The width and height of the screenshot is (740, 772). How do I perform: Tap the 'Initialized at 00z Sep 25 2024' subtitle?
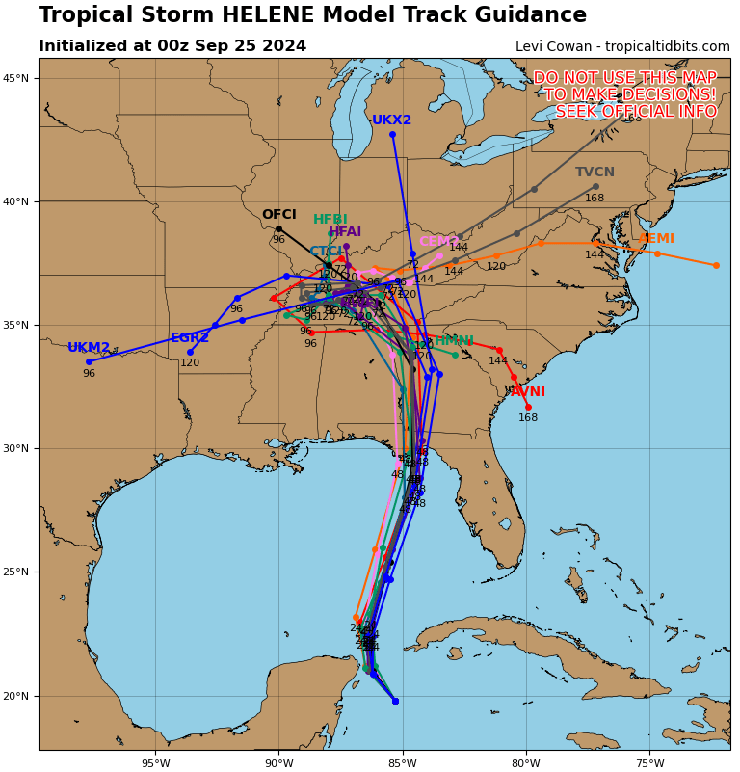pos(172,46)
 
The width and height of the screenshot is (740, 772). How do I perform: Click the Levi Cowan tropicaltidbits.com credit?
pos(622,46)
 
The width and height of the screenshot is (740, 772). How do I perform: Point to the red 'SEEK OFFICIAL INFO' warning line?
pos(636,112)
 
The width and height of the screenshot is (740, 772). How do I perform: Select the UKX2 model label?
pos(391,120)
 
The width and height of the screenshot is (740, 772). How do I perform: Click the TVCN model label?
pos(595,173)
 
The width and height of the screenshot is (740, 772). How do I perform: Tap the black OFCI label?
pos(278,215)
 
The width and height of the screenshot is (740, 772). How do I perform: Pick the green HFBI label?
pos(330,220)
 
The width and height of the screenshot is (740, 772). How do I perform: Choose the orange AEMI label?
pos(656,239)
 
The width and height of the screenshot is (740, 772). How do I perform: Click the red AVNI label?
pos(528,392)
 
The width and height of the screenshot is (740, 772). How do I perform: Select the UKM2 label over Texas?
pos(89,348)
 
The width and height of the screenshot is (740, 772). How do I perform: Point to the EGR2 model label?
pos(189,338)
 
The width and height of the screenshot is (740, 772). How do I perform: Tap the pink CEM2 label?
pos(438,242)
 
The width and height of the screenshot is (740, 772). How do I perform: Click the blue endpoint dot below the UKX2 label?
pos(392,134)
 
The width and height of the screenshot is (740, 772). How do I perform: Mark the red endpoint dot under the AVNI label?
pos(528,407)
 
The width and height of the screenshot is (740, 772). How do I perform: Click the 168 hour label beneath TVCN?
pos(595,199)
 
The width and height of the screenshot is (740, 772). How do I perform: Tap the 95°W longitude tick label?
pos(155,764)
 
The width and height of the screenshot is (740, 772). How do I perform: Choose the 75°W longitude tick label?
pos(649,764)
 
